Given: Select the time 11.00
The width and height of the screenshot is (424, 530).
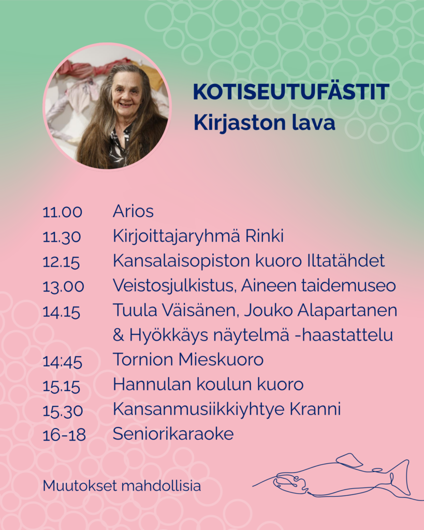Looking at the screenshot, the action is click(63, 212).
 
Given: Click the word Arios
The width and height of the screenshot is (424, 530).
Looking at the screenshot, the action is click(133, 211).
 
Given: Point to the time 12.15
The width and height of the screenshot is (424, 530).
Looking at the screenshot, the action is click(61, 261).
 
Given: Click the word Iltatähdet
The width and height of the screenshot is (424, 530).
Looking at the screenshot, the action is click(346, 261).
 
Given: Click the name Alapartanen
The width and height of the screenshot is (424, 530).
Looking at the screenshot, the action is click(347, 311).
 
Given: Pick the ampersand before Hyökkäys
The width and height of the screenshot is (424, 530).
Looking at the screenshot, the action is click(119, 335).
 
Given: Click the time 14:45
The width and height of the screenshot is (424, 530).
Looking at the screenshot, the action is click(63, 361).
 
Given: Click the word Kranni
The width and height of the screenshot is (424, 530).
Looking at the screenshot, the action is click(315, 409).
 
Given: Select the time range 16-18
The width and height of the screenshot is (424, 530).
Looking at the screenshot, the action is click(64, 435).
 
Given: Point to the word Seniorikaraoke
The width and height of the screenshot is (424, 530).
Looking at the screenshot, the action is click(173, 434).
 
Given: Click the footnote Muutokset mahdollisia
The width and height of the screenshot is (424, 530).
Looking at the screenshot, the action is click(122, 486).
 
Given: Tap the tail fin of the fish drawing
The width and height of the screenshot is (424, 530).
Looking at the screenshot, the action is click(401, 477).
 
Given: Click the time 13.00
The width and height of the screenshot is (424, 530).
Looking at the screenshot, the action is click(64, 287).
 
